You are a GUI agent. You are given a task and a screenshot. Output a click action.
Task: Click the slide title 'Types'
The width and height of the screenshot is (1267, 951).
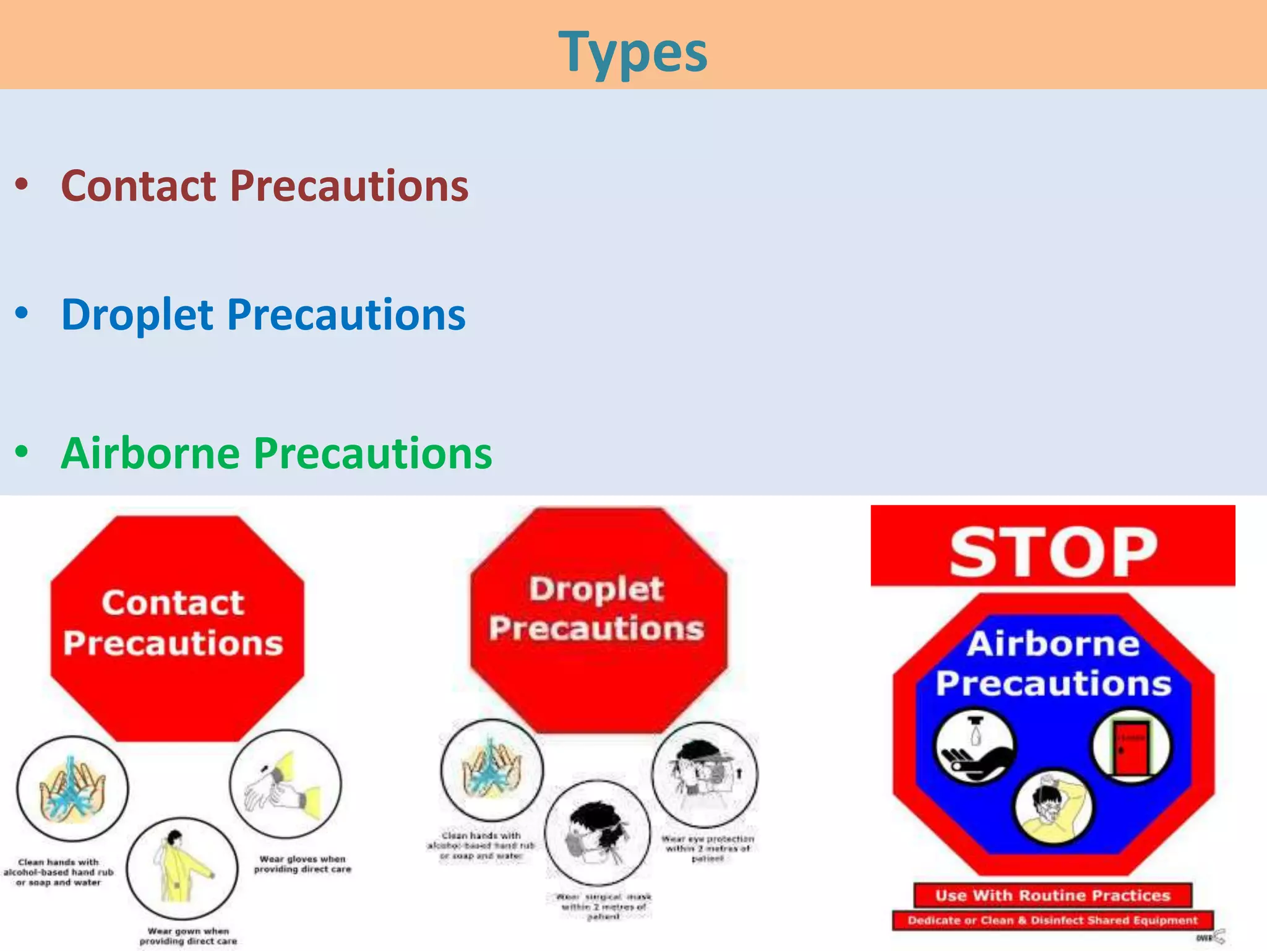pyautogui.click(x=633, y=52)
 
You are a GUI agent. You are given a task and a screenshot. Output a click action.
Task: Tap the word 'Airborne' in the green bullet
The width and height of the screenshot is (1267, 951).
pyautogui.click(x=150, y=453)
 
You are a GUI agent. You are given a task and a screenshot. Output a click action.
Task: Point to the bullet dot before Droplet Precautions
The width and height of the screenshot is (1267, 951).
pyautogui.click(x=22, y=313)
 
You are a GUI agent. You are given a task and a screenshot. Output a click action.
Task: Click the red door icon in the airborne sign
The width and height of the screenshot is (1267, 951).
pyautogui.click(x=1131, y=747)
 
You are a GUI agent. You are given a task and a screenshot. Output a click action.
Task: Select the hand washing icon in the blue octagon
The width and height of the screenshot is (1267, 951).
pyautogui.click(x=975, y=747)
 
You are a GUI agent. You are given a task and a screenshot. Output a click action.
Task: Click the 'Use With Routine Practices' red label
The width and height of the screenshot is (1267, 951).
pyautogui.click(x=1052, y=895)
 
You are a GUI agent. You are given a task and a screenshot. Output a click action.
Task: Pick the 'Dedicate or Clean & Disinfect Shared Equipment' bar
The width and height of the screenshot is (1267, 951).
pyautogui.click(x=1052, y=921)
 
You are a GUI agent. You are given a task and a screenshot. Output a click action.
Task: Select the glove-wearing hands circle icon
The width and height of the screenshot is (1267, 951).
pyautogui.click(x=285, y=783)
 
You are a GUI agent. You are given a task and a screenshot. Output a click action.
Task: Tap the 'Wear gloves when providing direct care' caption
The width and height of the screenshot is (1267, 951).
pyautogui.click(x=303, y=864)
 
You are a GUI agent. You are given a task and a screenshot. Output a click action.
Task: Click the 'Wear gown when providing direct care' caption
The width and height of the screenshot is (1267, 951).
pyautogui.click(x=188, y=936)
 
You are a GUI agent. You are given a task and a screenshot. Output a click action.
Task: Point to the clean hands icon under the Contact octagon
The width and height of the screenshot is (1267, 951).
pyautogui.click(x=72, y=788)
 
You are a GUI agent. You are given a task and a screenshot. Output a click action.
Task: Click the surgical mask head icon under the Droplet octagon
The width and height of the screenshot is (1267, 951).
pyautogui.click(x=598, y=833)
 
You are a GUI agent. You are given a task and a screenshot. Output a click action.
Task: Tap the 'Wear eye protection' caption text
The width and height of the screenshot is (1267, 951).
pyautogui.click(x=708, y=848)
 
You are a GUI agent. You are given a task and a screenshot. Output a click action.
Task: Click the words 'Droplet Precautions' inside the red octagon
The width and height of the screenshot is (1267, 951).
pyautogui.click(x=596, y=609)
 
